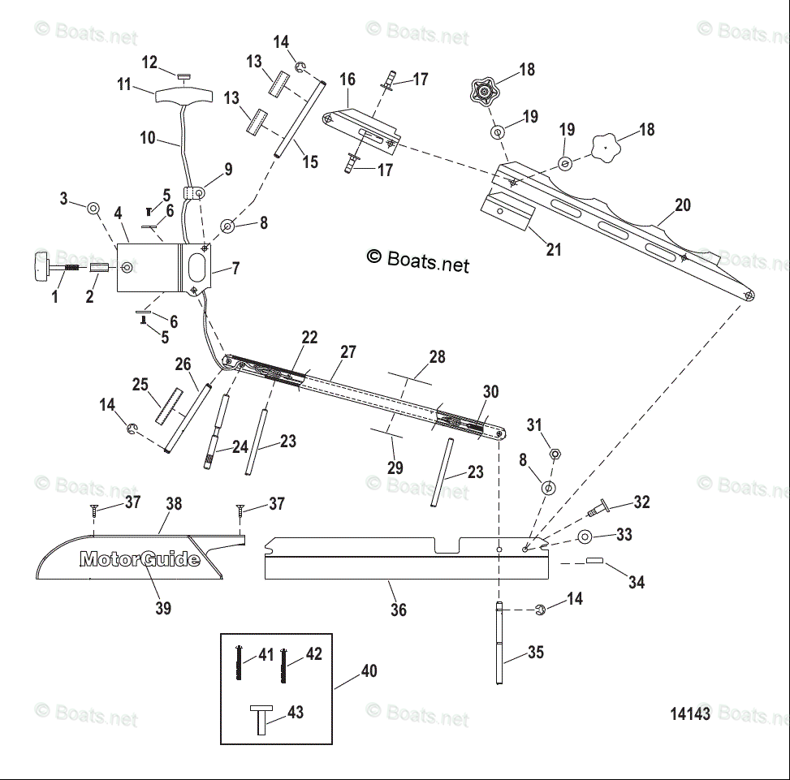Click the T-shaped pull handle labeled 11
click(x=183, y=96)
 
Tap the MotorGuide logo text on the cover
click(x=140, y=559)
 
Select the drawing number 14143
click(x=690, y=713)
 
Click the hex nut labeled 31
click(x=555, y=454)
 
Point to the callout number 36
click(x=398, y=610)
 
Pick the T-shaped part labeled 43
click(x=261, y=720)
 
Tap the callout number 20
click(x=682, y=205)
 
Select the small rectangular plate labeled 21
click(x=507, y=212)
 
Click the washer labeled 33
click(x=585, y=537)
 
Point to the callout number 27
click(x=348, y=351)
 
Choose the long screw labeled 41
click(x=239, y=662)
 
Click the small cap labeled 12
click(x=183, y=76)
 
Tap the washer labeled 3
click(x=93, y=208)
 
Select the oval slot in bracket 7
click(x=196, y=266)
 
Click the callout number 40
click(x=369, y=670)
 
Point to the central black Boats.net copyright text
click(x=417, y=260)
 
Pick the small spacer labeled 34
click(x=594, y=560)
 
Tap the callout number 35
click(x=536, y=652)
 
